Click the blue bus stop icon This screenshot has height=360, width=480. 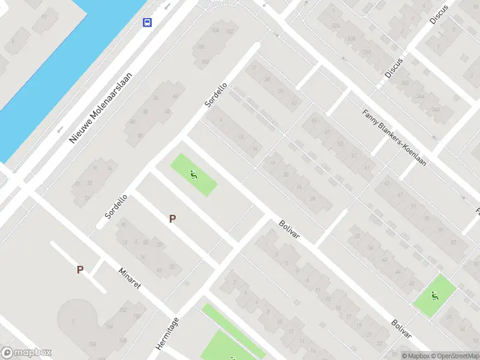pyautogui.click(x=147, y=23)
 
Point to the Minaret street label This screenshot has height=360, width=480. pyautogui.click(x=130, y=278)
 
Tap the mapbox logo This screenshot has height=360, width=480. pyautogui.click(x=26, y=353)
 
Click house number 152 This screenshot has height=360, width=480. pyautogui.click(x=123, y=310)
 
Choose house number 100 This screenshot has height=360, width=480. pyautogui.click(x=205, y=61)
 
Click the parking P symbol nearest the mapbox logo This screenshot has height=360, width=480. pyautogui.click(x=80, y=270)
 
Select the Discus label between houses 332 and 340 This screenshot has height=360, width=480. pyautogui.click(x=394, y=68)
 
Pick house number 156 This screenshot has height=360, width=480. pyautogui.click(x=92, y=343)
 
